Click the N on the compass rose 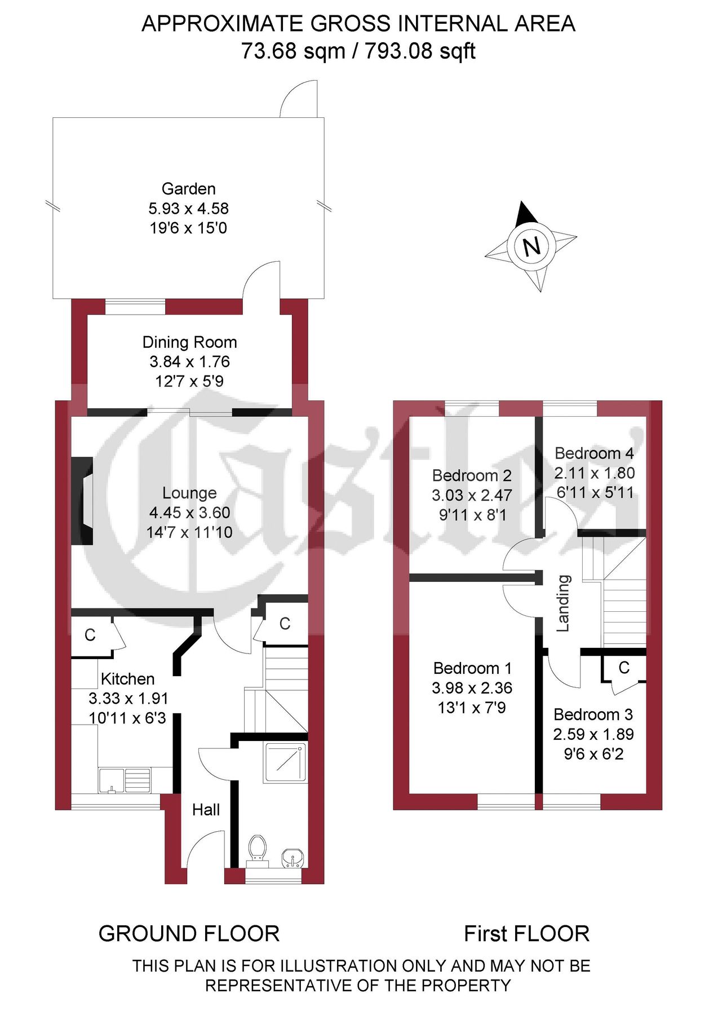click(531, 246)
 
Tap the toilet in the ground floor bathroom click(257, 849)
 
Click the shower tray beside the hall click(285, 762)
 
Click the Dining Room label click(189, 342)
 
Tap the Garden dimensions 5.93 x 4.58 click(188, 209)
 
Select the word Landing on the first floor click(563, 603)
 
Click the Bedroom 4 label click(594, 453)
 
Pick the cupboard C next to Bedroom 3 click(623, 668)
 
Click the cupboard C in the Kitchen click(90, 636)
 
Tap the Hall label click(206, 810)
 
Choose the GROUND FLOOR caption click(189, 934)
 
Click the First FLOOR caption click(526, 934)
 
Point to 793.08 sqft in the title click(420, 51)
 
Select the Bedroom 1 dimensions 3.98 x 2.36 click(472, 688)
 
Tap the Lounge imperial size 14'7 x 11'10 click(189, 532)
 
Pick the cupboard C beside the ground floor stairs click(285, 624)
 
